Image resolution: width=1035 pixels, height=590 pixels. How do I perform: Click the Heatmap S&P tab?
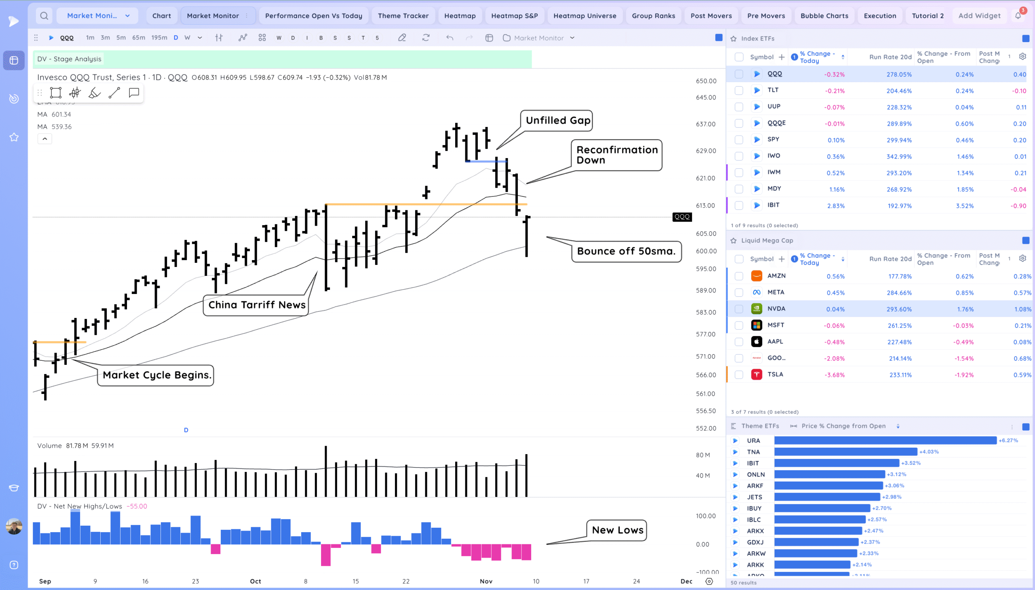coord(514,16)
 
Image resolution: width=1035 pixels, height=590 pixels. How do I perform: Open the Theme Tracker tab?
coord(403,16)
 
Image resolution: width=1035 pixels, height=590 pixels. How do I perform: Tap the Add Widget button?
coord(979,16)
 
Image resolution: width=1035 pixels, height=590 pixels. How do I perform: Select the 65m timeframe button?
coord(138,38)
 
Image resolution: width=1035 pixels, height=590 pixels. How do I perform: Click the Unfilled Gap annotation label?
coord(558,121)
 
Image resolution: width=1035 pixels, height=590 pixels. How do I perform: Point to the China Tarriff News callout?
coord(256,305)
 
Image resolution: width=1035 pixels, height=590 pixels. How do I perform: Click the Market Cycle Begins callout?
coord(156,375)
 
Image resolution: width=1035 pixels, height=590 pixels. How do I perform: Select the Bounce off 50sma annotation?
coord(626,251)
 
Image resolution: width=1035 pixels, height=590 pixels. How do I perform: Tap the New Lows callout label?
coord(617,530)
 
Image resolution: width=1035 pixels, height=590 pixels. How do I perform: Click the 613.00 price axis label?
coord(705,205)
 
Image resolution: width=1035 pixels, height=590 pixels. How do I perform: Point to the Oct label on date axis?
coord(255,581)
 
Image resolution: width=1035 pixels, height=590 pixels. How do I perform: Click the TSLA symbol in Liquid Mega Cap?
coord(775,374)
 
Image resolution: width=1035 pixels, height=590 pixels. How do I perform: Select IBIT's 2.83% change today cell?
coord(835,206)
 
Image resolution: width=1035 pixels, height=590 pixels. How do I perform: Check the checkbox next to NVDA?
coord(739,309)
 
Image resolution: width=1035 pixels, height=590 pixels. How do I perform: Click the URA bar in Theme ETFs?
coord(885,440)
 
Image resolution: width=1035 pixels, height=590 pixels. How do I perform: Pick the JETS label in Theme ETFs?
coord(754,497)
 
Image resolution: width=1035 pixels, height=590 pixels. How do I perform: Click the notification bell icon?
coord(1018,16)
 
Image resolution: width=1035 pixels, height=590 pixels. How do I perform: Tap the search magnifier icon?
coord(44,16)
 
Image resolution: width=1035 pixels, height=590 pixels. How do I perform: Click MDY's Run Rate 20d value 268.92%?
coord(898,189)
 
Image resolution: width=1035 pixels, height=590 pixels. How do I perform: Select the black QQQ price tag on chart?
coord(682,217)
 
